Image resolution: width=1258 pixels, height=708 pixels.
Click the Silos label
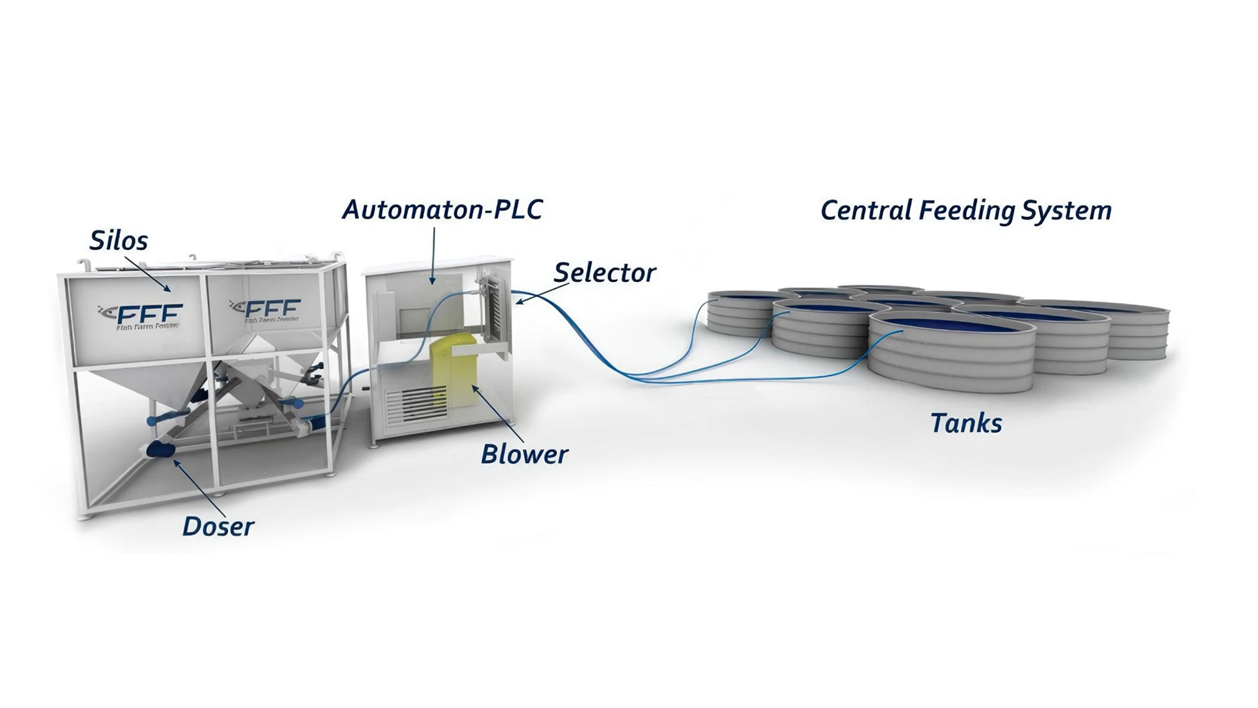click(119, 241)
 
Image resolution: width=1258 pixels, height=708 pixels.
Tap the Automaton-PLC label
click(442, 210)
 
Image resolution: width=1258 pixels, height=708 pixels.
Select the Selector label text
click(604, 273)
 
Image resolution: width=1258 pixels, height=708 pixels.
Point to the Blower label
click(524, 454)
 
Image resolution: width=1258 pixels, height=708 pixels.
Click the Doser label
click(218, 526)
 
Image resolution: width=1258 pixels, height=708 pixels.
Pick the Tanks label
click(966, 423)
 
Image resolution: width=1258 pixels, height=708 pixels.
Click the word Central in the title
click(866, 210)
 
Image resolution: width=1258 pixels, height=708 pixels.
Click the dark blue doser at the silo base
click(161, 449)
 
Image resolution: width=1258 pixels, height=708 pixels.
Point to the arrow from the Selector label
click(541, 292)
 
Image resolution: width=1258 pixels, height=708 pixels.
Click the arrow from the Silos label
click(147, 274)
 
